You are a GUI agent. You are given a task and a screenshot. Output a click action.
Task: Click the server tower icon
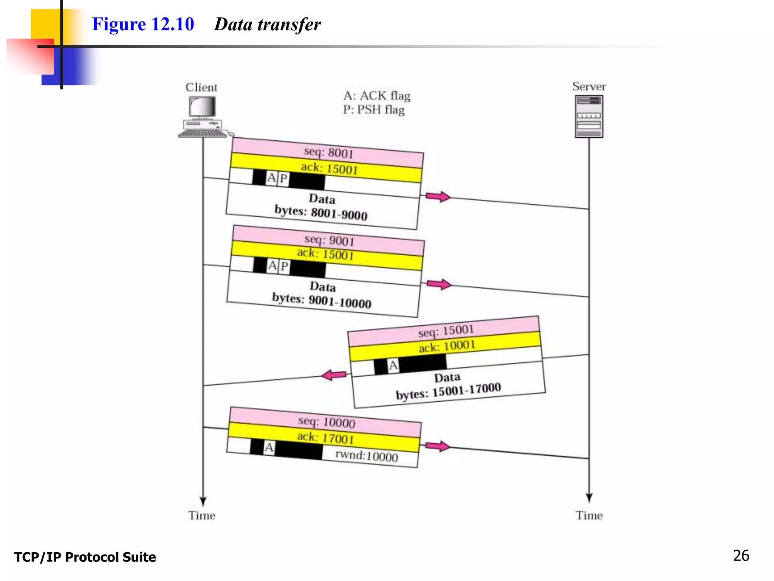tap(589, 117)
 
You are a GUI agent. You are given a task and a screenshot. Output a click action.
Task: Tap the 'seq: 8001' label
tap(328, 152)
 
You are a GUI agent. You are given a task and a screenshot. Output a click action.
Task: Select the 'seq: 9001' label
tap(329, 240)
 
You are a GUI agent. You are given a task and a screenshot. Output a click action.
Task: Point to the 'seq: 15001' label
tap(446, 331)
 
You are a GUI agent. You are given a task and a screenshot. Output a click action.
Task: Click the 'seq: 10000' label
tap(327, 422)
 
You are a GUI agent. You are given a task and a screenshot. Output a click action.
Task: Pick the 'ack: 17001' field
tap(325, 438)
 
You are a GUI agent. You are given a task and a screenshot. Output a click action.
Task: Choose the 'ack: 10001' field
tap(447, 346)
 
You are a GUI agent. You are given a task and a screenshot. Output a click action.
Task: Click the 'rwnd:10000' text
tap(367, 456)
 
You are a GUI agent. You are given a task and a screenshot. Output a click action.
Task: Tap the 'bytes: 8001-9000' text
tap(321, 213)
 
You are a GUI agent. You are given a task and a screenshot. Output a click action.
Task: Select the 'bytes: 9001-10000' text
tap(322, 301)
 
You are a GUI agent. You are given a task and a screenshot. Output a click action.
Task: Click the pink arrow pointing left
tap(333, 375)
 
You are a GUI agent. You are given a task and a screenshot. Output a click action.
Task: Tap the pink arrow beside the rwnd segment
tap(438, 446)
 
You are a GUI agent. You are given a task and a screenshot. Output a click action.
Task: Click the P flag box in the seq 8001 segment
tap(283, 178)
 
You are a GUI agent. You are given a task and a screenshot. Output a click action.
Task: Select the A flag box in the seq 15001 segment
tap(393, 365)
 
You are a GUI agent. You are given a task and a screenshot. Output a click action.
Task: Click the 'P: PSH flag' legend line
tap(373, 110)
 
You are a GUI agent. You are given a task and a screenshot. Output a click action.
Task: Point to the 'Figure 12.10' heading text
tap(143, 24)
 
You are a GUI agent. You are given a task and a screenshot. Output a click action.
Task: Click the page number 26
tap(741, 556)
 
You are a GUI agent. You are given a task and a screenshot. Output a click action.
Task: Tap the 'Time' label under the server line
tap(589, 516)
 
